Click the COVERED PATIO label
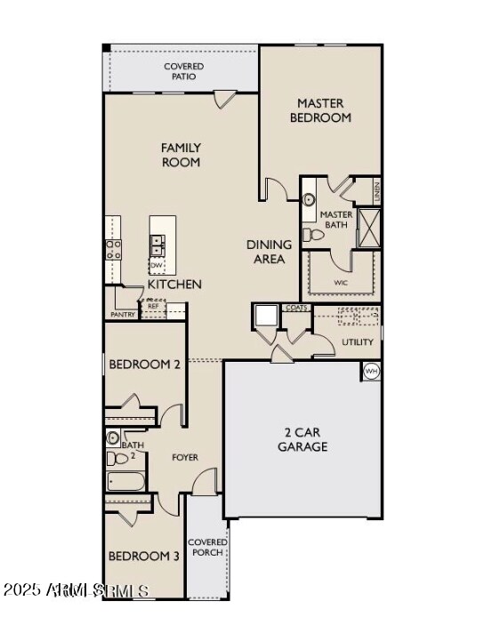click(x=183, y=71)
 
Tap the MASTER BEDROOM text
click(x=324, y=110)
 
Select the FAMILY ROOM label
click(x=181, y=155)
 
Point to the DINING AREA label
click(x=269, y=252)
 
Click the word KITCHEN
click(x=174, y=284)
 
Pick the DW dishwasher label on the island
click(x=157, y=265)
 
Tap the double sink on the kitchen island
click(x=157, y=244)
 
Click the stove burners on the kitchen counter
click(x=113, y=249)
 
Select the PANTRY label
click(x=122, y=315)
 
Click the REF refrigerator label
click(x=153, y=306)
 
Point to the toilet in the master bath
click(x=312, y=236)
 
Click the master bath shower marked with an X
click(x=368, y=228)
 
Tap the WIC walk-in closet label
click(x=340, y=284)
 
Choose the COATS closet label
click(x=297, y=308)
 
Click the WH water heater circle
click(x=371, y=371)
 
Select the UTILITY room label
click(x=358, y=341)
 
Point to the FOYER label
click(x=185, y=458)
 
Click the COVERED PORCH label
click(x=206, y=547)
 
